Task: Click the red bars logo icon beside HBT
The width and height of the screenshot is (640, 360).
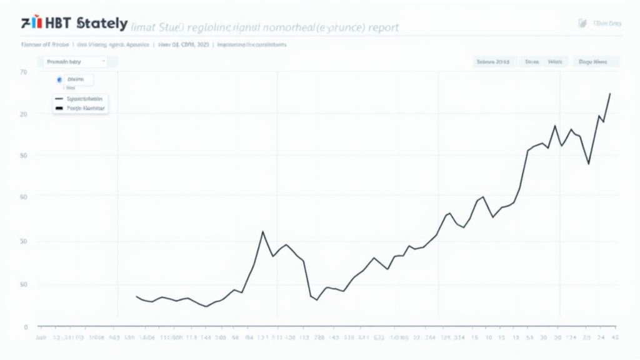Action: [x=35, y=24]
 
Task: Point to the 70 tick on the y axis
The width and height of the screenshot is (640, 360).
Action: [x=24, y=72]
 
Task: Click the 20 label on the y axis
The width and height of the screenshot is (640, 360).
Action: [x=24, y=114]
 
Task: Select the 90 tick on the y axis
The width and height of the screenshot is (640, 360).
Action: [x=24, y=155]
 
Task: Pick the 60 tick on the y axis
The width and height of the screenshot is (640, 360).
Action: [x=24, y=197]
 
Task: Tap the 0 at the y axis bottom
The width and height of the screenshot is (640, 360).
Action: [x=26, y=327]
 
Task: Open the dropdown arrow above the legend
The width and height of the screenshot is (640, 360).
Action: [x=104, y=61]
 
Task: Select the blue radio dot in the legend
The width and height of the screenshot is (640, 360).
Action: [x=59, y=80]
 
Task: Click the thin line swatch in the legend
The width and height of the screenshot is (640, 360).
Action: [x=59, y=99]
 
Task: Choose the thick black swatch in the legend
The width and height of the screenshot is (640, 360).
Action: [x=59, y=108]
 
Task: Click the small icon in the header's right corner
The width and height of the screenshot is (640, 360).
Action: [x=582, y=23]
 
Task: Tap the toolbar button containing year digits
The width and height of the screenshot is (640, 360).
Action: [x=493, y=62]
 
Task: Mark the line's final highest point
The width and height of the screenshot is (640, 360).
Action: [x=610, y=93]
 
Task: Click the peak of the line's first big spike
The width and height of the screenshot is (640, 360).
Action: [x=262, y=231]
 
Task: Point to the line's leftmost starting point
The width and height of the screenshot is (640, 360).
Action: [x=136, y=296]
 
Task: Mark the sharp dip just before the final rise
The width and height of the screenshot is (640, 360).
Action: [x=588, y=164]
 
